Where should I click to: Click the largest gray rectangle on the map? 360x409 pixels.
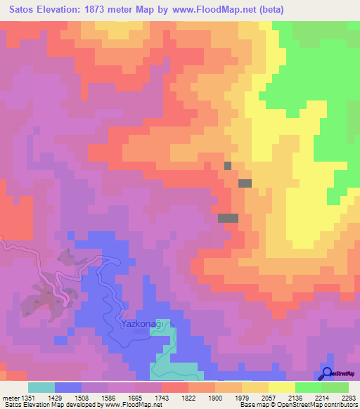click(x=228, y=218)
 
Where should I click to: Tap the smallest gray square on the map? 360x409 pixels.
click(x=227, y=165)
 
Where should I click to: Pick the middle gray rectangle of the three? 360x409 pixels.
click(x=245, y=183)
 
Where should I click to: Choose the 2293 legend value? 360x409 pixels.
click(x=349, y=397)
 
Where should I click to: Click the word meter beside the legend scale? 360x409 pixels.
click(x=10, y=397)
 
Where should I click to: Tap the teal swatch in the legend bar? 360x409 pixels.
click(x=41, y=387)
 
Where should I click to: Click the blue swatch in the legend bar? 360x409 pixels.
click(x=68, y=387)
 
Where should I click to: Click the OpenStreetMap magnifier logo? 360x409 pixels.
click(x=328, y=373)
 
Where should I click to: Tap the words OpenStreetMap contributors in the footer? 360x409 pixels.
click(x=323, y=405)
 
